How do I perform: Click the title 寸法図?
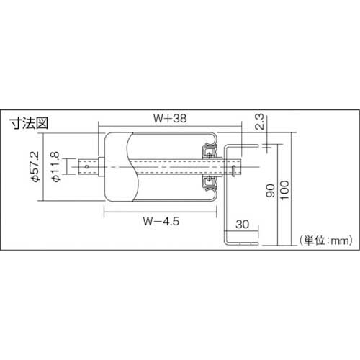[x=29, y=123]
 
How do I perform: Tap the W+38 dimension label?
[x=170, y=119]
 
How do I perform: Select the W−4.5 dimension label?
[x=161, y=221]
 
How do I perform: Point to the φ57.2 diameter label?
[x=35, y=166]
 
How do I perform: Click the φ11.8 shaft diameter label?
[x=55, y=166]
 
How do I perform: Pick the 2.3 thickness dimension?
[x=259, y=122]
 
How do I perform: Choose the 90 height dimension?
[x=271, y=191]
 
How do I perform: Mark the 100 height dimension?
[x=284, y=190]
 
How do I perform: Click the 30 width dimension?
[x=243, y=225]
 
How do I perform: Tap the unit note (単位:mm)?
[x=326, y=240]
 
